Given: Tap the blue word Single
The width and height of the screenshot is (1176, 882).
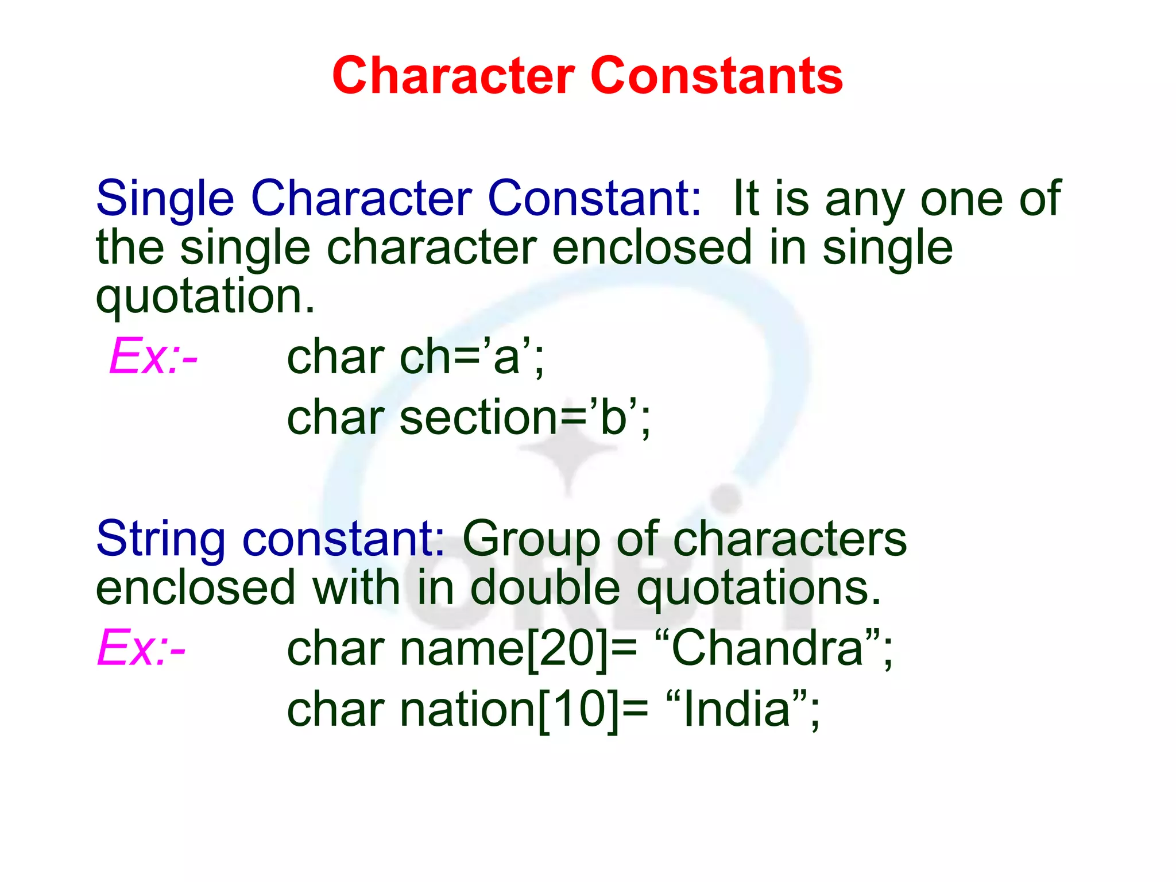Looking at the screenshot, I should pyautogui.click(x=165, y=199).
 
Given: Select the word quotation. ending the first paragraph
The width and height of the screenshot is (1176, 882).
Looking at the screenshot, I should pyautogui.click(x=206, y=297).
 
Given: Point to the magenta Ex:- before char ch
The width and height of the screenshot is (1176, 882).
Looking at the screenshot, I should pyautogui.click(x=154, y=357).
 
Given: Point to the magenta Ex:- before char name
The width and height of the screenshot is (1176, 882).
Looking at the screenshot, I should pyautogui.click(x=142, y=648).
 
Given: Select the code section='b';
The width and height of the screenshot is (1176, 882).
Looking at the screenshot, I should pyautogui.click(x=525, y=417).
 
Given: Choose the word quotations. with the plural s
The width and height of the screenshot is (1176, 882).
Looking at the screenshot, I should pyautogui.click(x=759, y=588).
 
